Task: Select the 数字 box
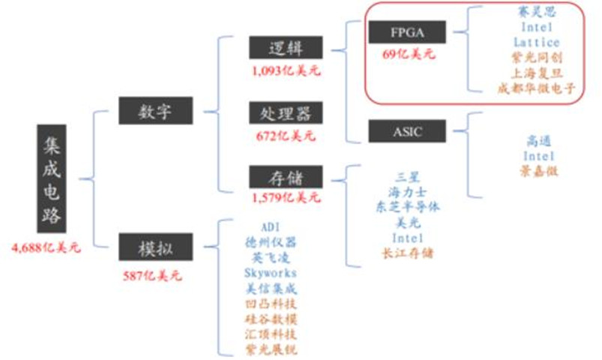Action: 156,112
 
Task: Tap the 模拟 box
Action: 156,246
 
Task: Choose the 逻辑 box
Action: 286,47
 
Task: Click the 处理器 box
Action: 286,113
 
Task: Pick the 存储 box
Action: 286,177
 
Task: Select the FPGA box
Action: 407,32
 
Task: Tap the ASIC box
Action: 407,132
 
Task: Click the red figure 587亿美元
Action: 152,274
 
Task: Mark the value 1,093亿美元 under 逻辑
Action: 286,70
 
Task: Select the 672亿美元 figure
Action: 286,136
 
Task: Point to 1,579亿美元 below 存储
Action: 286,198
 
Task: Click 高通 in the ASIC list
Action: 539,140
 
